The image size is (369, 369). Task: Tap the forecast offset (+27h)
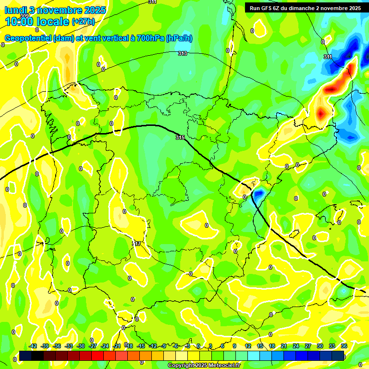83,22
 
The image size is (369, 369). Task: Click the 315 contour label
180,138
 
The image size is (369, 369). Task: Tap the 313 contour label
182,53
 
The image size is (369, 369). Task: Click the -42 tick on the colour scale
33,346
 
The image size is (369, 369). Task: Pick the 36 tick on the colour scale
344,346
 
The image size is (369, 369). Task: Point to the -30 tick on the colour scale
81,346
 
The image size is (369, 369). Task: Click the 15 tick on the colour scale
260,346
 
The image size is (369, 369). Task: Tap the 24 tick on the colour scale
296,346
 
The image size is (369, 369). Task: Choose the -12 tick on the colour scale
153,346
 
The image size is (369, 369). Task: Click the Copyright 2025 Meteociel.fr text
204,366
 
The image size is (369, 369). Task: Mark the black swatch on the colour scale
37,356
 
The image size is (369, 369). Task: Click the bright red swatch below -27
98,356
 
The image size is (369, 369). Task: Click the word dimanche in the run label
302,8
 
